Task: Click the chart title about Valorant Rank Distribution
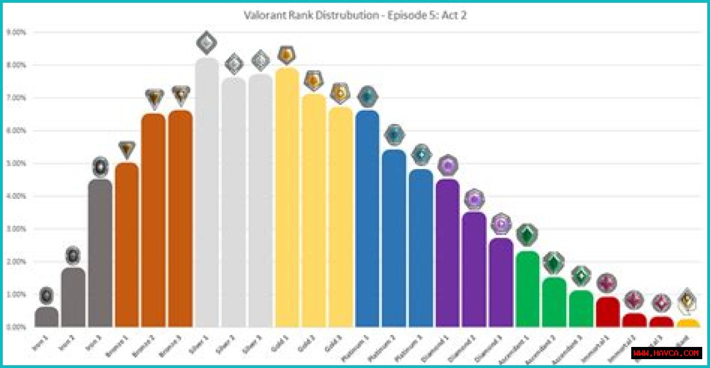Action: point(355,15)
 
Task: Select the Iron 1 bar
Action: point(47,318)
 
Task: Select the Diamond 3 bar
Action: point(501,283)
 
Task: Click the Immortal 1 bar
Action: point(608,312)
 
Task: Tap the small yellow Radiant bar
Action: point(688,323)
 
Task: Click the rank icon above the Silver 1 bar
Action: point(206,42)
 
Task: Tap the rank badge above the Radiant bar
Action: point(687,300)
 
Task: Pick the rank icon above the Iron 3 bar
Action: point(100,166)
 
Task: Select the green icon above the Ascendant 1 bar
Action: point(527,234)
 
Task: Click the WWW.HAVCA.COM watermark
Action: point(667,352)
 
